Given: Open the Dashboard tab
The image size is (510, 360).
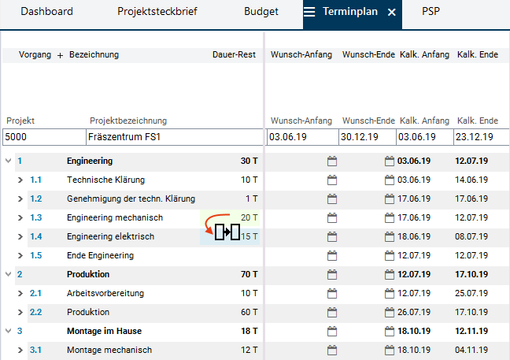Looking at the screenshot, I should click(x=46, y=12).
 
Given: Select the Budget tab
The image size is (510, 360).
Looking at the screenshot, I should click(x=261, y=12).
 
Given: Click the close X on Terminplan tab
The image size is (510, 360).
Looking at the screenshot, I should click(x=391, y=13).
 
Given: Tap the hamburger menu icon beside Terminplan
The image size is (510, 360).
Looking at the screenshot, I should click(x=310, y=13).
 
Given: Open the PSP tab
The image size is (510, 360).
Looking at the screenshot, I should click(x=431, y=12).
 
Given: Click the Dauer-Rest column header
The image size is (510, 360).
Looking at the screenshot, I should click(x=234, y=54).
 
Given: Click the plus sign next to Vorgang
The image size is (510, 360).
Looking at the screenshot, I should click(x=60, y=55).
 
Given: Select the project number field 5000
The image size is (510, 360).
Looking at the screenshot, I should click(x=42, y=137).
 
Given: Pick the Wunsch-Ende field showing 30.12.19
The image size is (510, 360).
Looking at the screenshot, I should click(x=367, y=137).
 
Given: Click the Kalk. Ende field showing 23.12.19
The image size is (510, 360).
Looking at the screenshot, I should click(x=481, y=137).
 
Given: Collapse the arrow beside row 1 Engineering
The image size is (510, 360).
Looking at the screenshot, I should click(x=9, y=161).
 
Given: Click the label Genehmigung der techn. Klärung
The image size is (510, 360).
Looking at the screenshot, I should click(x=131, y=199).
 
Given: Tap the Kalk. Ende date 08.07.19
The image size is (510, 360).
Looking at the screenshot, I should click(x=471, y=236).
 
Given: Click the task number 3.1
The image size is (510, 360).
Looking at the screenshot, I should click(x=35, y=350).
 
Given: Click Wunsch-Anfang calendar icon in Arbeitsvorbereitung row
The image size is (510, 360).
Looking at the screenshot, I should click(x=331, y=293).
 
